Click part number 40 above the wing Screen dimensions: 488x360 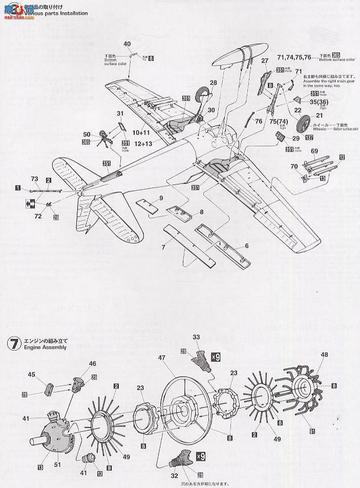[128, 44]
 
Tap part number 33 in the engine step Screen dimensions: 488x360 [197, 336]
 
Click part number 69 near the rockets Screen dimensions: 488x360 [314, 151]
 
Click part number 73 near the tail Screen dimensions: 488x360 [34, 178]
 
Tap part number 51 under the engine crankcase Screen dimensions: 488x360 [57, 451]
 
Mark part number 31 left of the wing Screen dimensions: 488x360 [120, 114]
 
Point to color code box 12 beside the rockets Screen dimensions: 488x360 [342, 157]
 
